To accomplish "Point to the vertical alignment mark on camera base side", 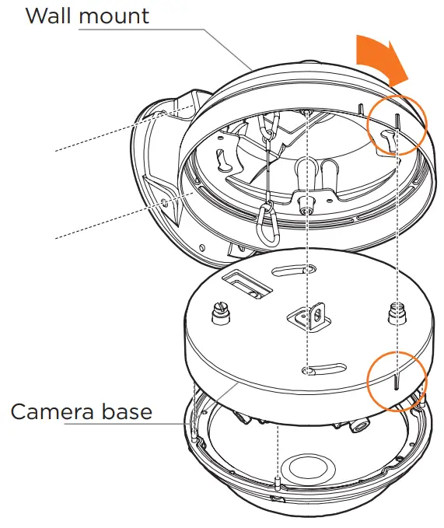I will [397, 382].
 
